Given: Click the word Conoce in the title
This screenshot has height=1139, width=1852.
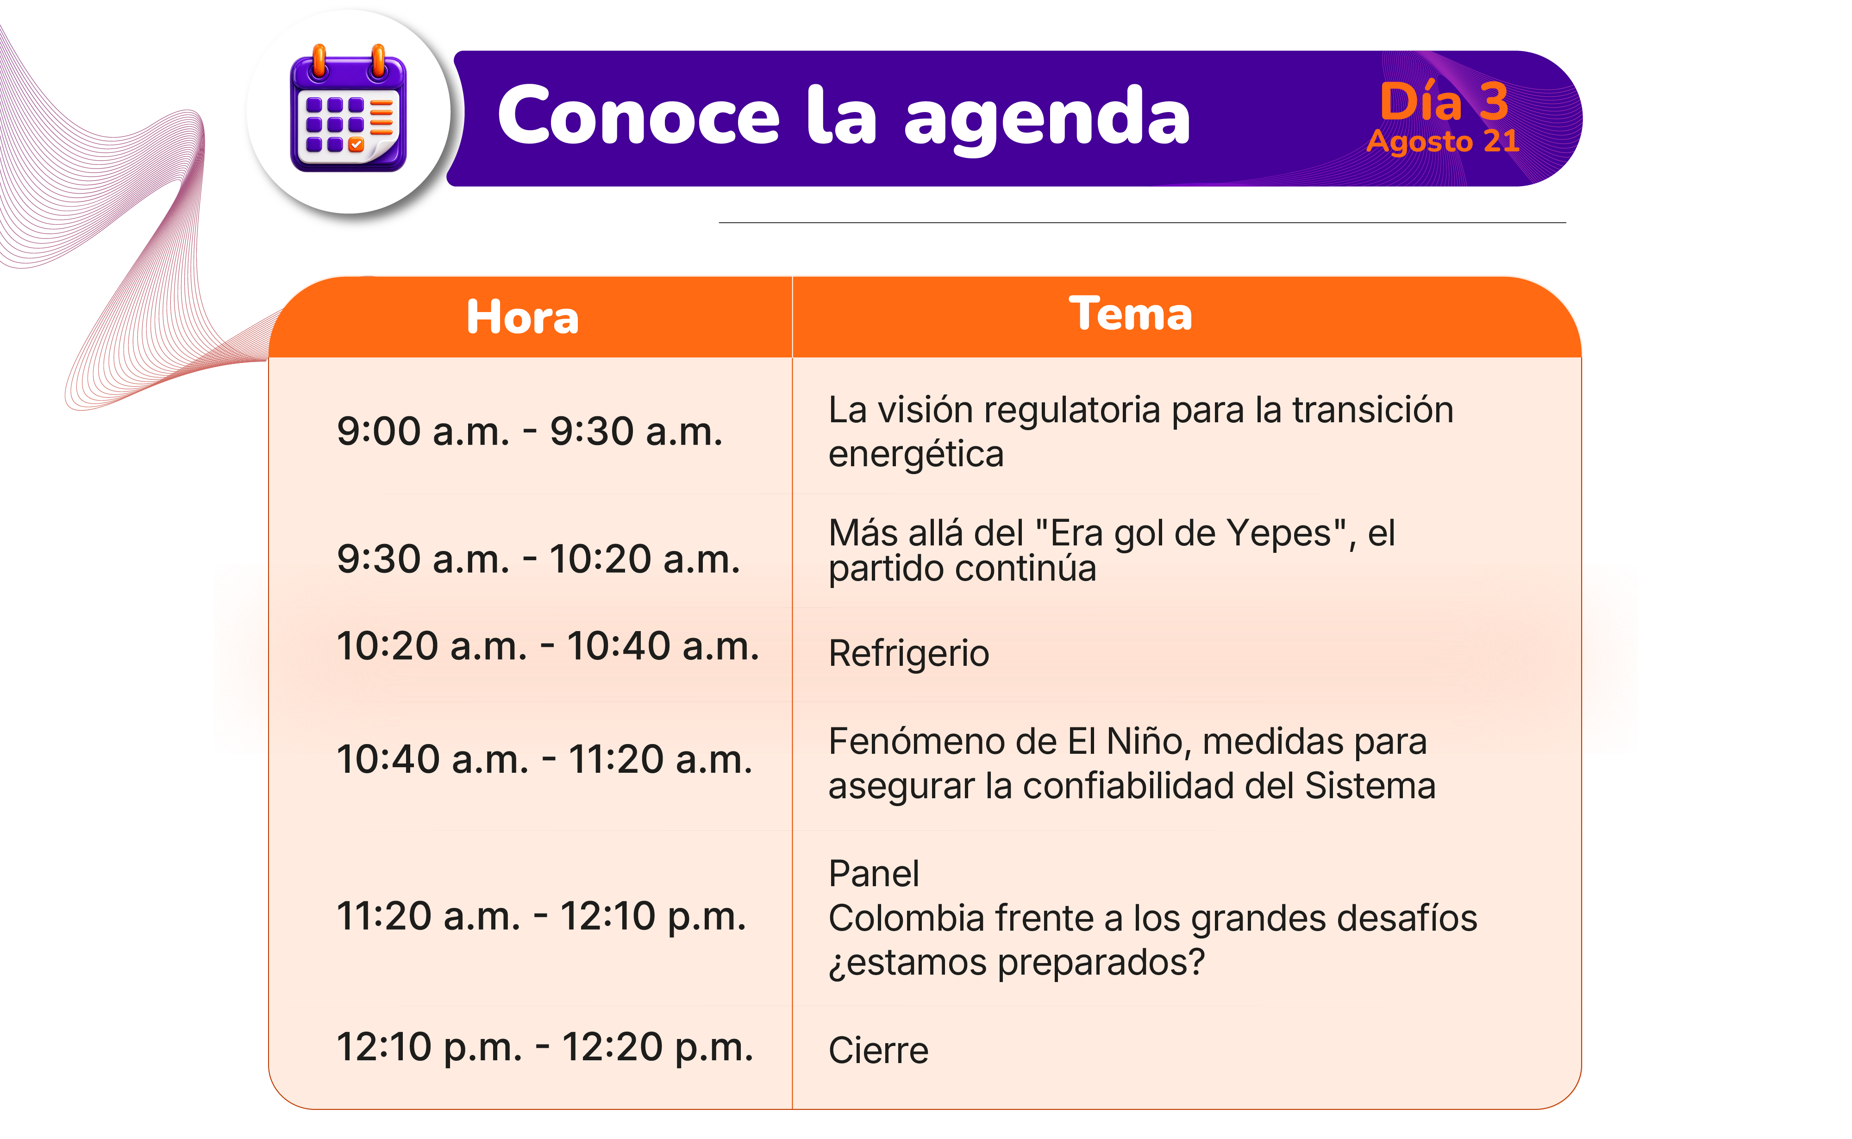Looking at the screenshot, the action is [x=638, y=115].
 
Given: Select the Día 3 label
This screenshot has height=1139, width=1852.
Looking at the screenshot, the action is [x=1444, y=101].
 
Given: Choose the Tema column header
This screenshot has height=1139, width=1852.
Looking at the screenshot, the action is [x=1131, y=313].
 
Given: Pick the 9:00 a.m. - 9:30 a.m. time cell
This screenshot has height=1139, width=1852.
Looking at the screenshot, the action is [x=530, y=432].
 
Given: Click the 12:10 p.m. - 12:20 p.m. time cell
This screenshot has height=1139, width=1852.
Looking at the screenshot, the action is [x=544, y=1047].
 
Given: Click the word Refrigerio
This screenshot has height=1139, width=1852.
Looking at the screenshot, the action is [x=908, y=654].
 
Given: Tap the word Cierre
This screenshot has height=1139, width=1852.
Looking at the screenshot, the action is [x=878, y=1050].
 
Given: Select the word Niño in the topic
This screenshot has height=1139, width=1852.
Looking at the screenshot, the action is [x=1149, y=741].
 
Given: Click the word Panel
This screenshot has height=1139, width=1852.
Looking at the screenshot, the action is [x=874, y=874].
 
